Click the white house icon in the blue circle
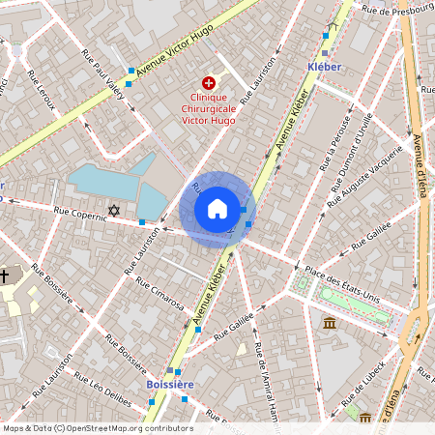217,209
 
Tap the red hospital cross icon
208,85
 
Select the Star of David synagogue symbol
114,210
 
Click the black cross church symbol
5,276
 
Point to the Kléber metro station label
324,66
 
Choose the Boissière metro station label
170,384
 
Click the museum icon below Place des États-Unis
330,321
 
